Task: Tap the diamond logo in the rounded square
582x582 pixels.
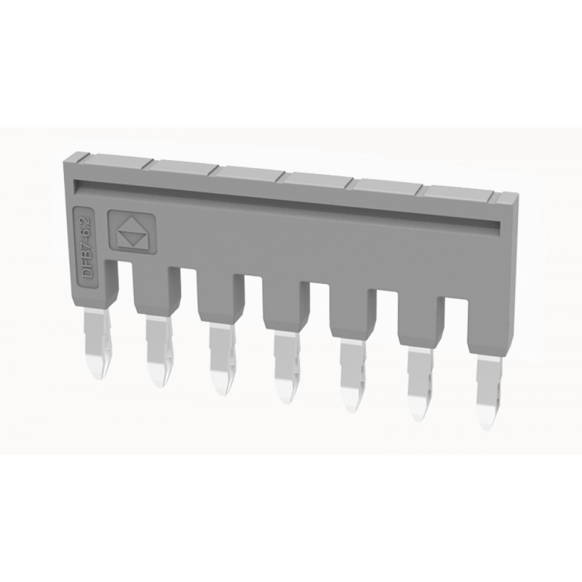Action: tap(132, 233)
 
